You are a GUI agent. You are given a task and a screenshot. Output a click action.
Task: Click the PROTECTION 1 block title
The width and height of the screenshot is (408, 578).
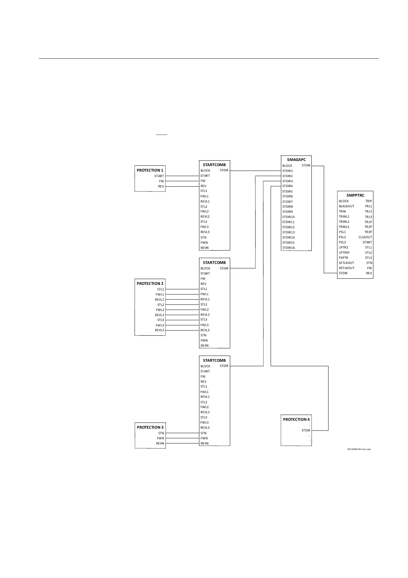150,170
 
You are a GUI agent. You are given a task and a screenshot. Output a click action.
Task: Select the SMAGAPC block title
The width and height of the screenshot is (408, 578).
296,160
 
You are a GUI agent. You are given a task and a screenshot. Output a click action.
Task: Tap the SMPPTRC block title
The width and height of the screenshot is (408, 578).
355,195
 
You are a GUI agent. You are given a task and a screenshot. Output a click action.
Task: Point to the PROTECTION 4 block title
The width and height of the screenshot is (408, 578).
296,419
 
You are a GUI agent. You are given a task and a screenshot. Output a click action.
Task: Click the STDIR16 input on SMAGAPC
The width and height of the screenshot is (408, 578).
288,248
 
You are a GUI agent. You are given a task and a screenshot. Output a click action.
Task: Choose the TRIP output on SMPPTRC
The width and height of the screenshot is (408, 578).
369,201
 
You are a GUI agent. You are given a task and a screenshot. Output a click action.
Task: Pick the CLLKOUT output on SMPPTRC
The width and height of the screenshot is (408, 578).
365,237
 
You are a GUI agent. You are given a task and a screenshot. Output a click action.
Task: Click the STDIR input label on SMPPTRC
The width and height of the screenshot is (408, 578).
343,273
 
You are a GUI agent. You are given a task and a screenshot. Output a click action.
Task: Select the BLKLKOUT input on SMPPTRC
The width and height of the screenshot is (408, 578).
346,206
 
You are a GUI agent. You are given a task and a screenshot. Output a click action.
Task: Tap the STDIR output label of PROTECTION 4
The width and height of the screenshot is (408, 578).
306,430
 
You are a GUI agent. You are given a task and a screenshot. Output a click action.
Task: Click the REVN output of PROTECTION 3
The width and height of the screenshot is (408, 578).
160,443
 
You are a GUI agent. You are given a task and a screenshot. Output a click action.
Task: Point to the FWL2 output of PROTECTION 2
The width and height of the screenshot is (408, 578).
160,310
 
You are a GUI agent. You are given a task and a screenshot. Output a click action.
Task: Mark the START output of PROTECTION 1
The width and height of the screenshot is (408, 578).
159,176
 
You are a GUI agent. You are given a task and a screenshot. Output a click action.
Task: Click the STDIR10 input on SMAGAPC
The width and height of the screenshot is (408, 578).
288,217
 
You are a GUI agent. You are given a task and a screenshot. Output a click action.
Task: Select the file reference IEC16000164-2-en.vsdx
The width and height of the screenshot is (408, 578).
359,449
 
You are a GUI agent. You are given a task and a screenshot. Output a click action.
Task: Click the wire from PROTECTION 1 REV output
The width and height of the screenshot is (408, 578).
182,186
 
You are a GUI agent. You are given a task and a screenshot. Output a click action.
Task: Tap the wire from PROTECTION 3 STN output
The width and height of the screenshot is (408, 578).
182,433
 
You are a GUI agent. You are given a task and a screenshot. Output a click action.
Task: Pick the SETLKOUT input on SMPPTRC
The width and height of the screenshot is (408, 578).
346,263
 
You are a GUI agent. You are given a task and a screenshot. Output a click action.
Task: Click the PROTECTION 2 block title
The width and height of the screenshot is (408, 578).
150,284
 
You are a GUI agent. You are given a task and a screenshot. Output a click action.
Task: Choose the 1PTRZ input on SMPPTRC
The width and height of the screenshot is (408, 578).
343,247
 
